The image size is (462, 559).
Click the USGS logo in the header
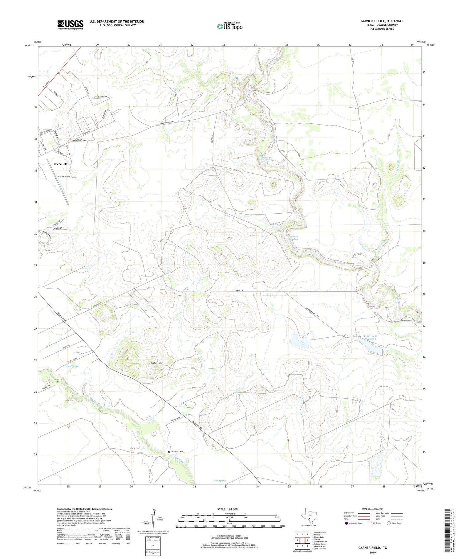70,25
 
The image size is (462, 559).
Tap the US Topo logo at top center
229,27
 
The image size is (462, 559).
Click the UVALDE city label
61,164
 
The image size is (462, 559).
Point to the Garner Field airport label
64,177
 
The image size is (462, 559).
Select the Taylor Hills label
156,363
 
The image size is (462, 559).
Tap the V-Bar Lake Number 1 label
370,337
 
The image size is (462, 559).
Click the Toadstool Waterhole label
293,238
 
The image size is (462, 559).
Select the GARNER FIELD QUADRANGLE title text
382,21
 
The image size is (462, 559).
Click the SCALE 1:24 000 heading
228,509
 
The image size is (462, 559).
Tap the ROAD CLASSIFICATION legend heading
373,509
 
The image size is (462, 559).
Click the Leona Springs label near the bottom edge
219,481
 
